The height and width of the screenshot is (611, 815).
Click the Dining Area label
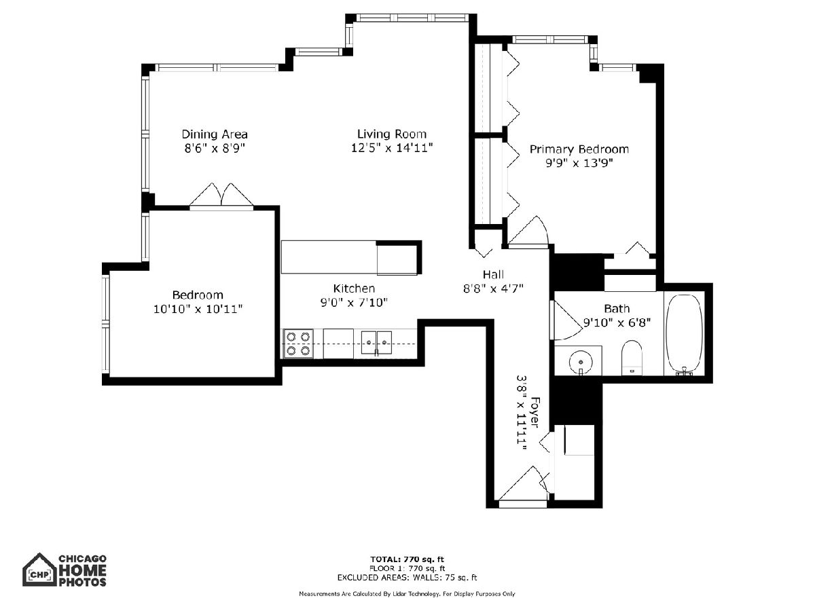pyautogui.click(x=214, y=134)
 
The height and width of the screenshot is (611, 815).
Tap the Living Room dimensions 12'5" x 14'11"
pyautogui.click(x=392, y=148)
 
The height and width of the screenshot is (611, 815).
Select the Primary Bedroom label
pyautogui.click(x=579, y=149)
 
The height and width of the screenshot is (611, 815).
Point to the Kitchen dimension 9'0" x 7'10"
pyautogui.click(x=354, y=303)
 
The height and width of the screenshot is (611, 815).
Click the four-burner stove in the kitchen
pyautogui.click(x=297, y=344)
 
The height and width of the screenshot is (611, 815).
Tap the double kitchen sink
pyautogui.click(x=376, y=343)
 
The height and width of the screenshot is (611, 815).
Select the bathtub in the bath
pyautogui.click(x=685, y=335)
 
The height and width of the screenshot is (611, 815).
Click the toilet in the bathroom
pyautogui.click(x=632, y=358)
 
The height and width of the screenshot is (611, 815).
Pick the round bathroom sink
pyautogui.click(x=581, y=362)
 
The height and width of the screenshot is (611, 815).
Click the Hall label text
pyautogui.click(x=493, y=274)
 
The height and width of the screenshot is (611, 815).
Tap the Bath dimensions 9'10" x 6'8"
pyautogui.click(x=617, y=322)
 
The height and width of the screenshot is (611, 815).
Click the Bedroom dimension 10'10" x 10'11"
pyautogui.click(x=198, y=309)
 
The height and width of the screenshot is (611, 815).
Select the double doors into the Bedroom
pyautogui.click(x=221, y=196)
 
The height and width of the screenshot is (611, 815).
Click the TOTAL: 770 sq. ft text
pyautogui.click(x=407, y=559)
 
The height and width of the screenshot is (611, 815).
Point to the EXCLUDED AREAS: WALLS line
pyautogui.click(x=407, y=578)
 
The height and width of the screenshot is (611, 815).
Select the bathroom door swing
pyautogui.click(x=566, y=320)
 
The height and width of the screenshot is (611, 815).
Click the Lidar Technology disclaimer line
pyautogui.click(x=407, y=594)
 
